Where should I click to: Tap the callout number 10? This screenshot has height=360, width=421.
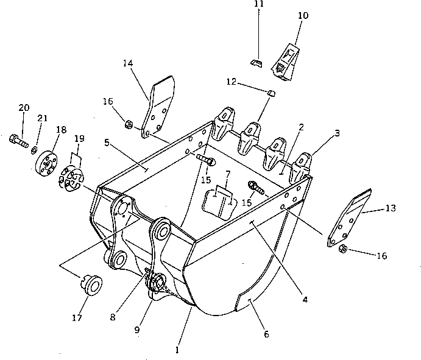[303, 13]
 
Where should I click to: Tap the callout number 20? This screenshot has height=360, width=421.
[24, 108]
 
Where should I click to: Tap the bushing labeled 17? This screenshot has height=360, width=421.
[93, 284]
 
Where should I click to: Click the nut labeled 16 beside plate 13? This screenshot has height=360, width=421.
[342, 249]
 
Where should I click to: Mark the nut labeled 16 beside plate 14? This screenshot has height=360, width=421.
[129, 125]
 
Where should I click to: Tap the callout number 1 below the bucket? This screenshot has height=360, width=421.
[177, 350]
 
